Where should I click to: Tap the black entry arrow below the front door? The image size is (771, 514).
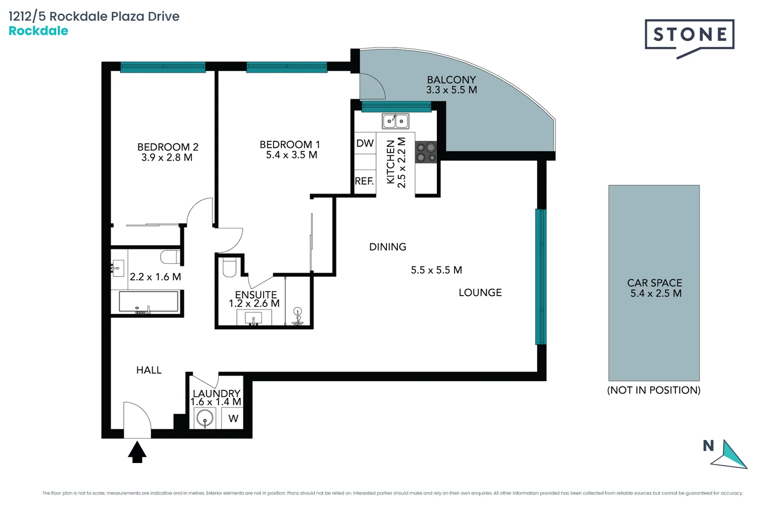coord(137,452)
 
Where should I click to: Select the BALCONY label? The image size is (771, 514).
coord(451,79)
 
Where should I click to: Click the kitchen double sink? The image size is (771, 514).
coord(395,121)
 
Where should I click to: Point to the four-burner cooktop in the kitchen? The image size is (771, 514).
coord(426,152)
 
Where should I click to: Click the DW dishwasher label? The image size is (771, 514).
coord(365,143)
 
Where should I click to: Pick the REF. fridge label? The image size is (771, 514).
coord(364,181)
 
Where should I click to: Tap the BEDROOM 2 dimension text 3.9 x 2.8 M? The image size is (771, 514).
coord(167,158)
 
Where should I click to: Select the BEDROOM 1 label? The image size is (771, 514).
coord(289,144)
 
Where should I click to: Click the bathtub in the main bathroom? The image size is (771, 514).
coord(148,302)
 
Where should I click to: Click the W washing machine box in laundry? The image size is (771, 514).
coord(233,419)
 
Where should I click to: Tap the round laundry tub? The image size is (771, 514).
coord(205,420)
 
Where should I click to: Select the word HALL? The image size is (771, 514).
coord(148,370)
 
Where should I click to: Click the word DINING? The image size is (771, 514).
coord(387,247)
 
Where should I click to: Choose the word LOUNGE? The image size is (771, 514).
coord(480,293)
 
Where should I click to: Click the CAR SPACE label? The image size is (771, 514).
coord(654,283)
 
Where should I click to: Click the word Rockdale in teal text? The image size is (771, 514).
coord(38,31)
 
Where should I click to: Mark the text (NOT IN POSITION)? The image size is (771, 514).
coord(653,390)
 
